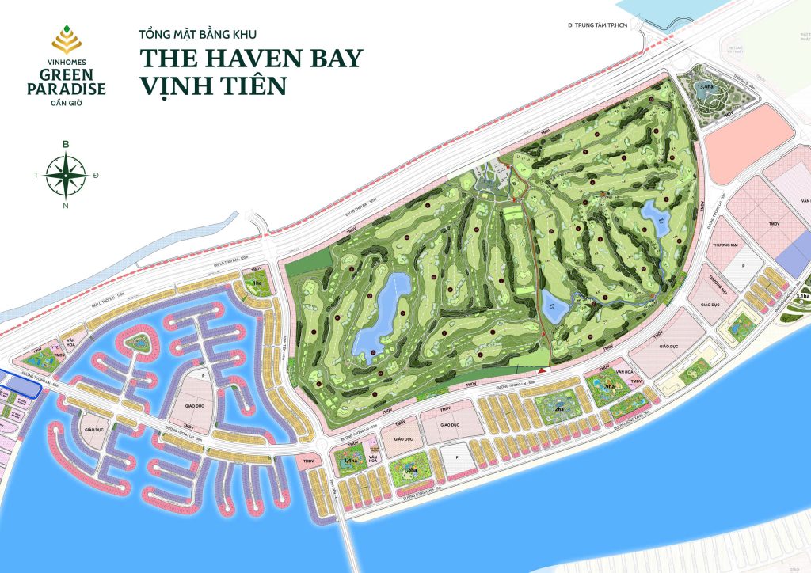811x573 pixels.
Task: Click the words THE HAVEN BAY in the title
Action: pos(251,59)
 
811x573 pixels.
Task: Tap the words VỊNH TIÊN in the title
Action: pos(213,85)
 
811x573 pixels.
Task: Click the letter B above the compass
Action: pos(66,144)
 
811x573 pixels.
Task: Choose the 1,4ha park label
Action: pos(349,461)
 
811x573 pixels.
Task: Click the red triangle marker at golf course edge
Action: pos(542,370)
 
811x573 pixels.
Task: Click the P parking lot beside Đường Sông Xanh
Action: pos(455,457)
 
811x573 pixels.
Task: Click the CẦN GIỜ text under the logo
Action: pos(65,103)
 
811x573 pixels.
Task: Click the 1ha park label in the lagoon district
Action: pos(257,283)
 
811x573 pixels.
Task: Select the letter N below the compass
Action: pos(66,206)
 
